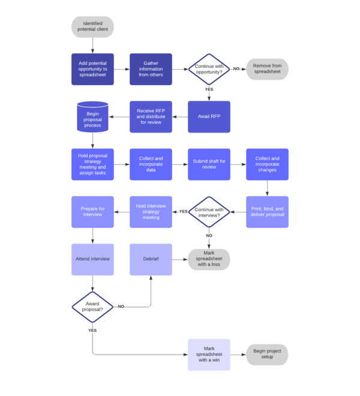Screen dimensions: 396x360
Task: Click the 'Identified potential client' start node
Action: (92, 26)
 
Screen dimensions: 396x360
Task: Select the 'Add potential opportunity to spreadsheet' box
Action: (92, 69)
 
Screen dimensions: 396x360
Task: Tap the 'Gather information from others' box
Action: (151, 69)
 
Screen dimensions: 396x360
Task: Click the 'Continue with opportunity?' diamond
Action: (209, 69)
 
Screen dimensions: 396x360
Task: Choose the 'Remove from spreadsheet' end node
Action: (267, 69)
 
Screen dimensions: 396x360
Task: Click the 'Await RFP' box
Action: (209, 116)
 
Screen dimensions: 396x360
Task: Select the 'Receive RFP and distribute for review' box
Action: (151, 116)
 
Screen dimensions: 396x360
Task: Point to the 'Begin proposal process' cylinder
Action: (92, 116)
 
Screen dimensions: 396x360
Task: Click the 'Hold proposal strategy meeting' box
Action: (92, 164)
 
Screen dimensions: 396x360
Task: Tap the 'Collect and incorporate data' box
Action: (151, 164)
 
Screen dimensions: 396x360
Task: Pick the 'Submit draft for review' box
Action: (209, 164)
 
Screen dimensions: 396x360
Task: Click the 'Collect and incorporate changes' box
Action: (267, 164)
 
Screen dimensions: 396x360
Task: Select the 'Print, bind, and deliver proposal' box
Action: (267, 212)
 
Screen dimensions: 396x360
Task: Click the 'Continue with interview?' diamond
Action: (209, 212)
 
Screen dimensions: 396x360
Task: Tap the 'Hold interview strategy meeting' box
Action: (151, 212)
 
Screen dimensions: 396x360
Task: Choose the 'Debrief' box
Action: (151, 259)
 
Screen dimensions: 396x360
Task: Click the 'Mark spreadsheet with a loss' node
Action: (209, 259)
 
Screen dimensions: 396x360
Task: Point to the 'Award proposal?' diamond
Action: (92, 307)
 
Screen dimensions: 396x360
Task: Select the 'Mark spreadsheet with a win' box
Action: (209, 355)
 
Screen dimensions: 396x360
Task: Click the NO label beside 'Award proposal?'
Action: (121, 307)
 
